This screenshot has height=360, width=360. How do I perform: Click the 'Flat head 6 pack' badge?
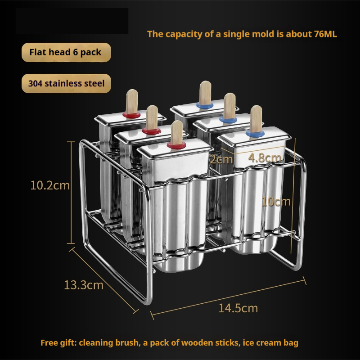pos(66,52)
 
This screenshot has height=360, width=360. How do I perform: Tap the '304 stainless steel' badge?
pos(66,83)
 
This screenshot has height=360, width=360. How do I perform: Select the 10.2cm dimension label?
pos(50,185)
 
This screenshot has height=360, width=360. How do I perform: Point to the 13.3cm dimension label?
pos(84,285)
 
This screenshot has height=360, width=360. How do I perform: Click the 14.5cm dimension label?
pos(238,308)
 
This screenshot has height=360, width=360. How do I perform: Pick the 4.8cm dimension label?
pos(265,158)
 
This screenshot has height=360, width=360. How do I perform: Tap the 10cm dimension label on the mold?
pos(276,201)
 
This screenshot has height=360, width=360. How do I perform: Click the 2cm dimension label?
pos(221,159)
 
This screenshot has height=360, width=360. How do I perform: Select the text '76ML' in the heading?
pos(325,34)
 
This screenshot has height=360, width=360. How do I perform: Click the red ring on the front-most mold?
pos(176,145)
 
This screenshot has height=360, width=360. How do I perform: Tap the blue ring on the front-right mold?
pos(255,133)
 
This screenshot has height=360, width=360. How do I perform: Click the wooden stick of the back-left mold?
pos(132,101)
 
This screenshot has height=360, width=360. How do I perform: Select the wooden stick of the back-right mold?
pos(205,93)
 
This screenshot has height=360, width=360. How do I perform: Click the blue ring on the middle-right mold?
pos(228,119)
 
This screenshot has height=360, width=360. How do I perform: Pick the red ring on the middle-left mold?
pos(151,131)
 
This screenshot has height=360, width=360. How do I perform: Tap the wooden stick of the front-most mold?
pos(177,132)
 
